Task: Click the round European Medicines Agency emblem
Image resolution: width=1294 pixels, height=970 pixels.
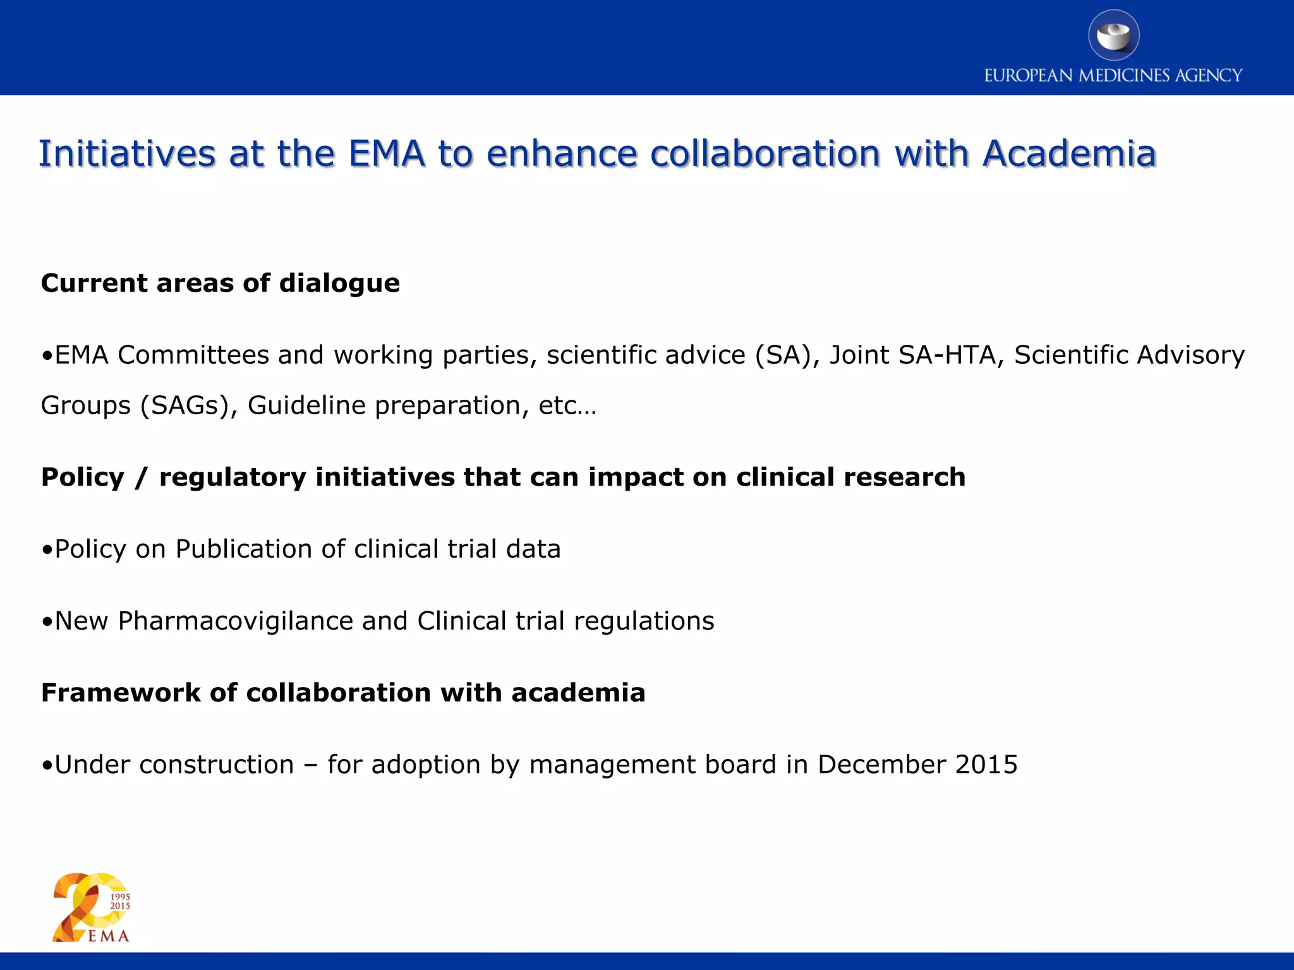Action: pyautogui.click(x=1113, y=35)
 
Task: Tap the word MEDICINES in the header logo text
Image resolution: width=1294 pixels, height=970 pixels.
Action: pyautogui.click(x=1124, y=76)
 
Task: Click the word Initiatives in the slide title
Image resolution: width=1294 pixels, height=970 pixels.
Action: pyautogui.click(x=127, y=153)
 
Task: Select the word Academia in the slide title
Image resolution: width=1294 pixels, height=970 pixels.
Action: pyautogui.click(x=1069, y=153)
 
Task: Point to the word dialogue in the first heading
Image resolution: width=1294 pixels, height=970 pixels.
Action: pyautogui.click(x=339, y=284)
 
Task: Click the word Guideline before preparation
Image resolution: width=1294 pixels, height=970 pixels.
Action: pyautogui.click(x=306, y=405)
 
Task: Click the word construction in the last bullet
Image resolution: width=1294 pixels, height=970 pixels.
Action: pyautogui.click(x=216, y=765)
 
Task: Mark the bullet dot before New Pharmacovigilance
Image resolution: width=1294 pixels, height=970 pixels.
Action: pyautogui.click(x=47, y=623)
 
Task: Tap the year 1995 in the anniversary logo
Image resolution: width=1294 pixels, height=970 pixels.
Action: pyautogui.click(x=120, y=897)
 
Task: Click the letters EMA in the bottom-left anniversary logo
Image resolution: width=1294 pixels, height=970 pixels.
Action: pyautogui.click(x=109, y=936)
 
